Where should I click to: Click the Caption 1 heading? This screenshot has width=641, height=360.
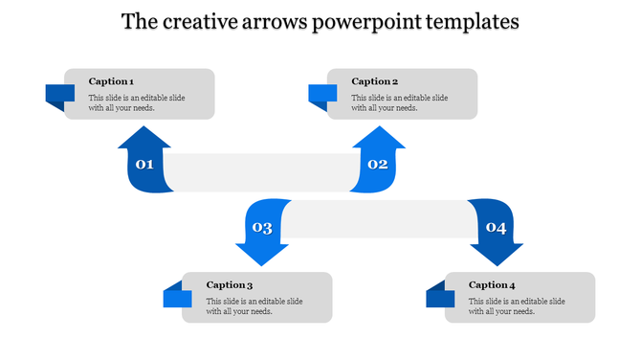(111, 81)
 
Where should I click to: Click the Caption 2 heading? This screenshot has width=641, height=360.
(374, 81)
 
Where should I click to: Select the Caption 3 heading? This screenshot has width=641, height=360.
(230, 284)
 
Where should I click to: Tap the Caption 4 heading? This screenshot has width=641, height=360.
(493, 284)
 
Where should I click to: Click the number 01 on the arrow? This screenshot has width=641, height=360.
(144, 165)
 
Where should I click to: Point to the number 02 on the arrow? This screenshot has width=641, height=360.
(378, 165)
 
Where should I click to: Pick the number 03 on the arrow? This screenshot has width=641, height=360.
(261, 228)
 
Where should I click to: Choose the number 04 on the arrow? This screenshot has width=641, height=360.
(496, 228)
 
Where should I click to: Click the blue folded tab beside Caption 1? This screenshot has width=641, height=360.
(59, 95)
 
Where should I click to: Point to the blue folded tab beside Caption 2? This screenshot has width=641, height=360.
(322, 95)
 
